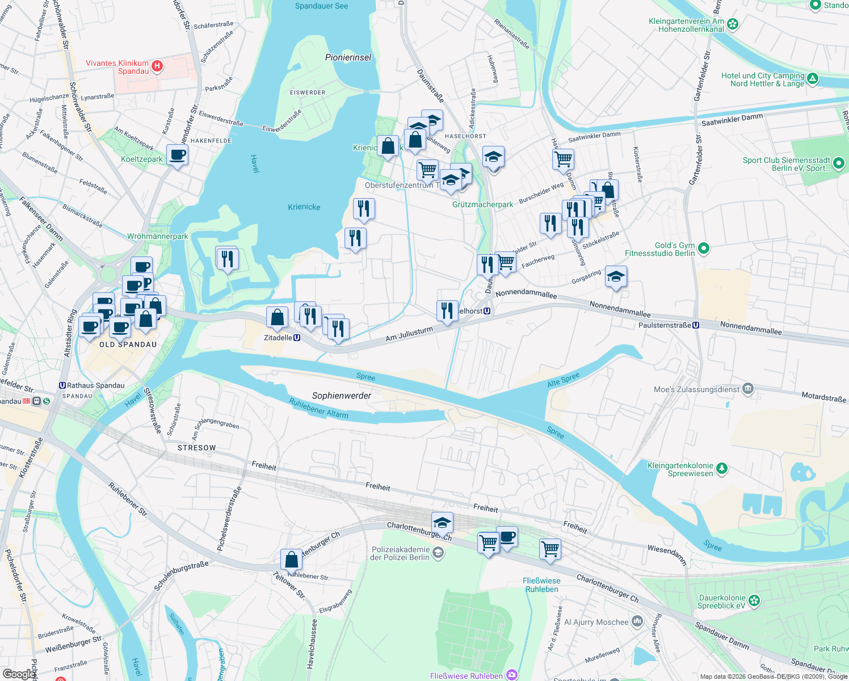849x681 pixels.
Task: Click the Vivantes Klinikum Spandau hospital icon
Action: click(157, 67)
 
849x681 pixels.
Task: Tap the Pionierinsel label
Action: click(348, 57)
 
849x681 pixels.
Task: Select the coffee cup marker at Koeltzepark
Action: click(178, 154)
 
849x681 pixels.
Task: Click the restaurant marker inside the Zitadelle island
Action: click(227, 259)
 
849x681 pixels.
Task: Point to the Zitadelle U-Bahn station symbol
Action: click(296, 338)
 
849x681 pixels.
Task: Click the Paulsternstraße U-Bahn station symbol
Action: click(695, 325)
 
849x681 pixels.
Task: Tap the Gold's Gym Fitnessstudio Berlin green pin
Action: click(704, 249)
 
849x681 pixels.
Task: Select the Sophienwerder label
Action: click(342, 396)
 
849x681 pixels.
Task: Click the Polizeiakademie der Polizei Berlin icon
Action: click(438, 553)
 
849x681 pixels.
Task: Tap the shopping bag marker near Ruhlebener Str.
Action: click(291, 560)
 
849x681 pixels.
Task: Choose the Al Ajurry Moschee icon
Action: click(637, 622)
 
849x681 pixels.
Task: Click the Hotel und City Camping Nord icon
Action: click(813, 79)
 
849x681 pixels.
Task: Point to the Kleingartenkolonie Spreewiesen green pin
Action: click(721, 469)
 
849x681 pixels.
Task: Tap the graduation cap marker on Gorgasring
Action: click(616, 277)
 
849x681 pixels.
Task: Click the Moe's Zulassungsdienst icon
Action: click(748, 389)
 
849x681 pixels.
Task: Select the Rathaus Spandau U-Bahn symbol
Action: click(62, 385)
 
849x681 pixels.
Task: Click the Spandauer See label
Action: click(321, 6)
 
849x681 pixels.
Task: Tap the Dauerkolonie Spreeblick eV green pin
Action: click(754, 601)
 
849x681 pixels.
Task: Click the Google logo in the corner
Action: click(19, 674)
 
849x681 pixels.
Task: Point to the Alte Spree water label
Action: click(563, 380)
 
